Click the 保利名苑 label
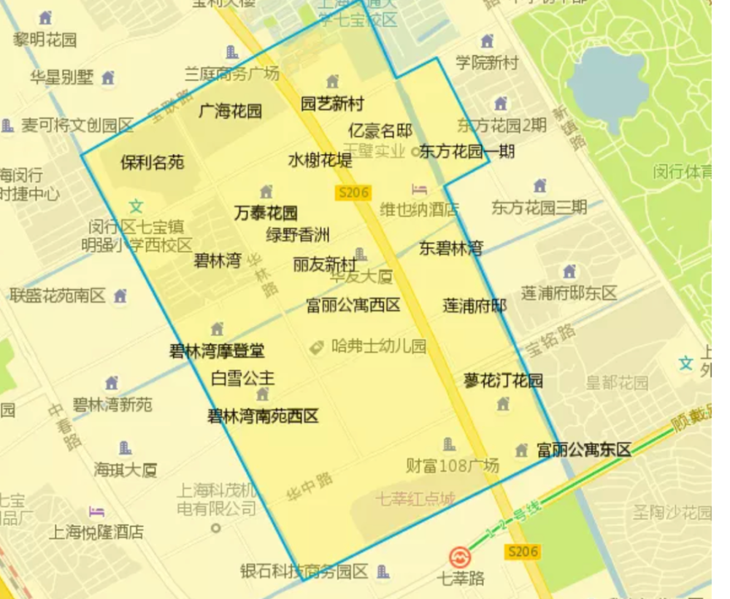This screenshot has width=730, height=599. [152, 162]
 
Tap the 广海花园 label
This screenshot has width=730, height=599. [230, 111]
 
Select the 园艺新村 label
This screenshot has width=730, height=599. [332, 104]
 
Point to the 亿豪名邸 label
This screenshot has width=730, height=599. [380, 131]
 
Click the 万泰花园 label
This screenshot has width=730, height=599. [266, 213]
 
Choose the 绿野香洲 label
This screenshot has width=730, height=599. [297, 235]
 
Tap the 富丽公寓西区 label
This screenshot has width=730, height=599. [353, 305]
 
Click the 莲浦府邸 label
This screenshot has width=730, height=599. [474, 305]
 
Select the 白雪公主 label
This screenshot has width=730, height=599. [242, 378]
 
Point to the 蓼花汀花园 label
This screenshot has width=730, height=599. [504, 380]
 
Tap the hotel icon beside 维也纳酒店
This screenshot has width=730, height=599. [419, 190]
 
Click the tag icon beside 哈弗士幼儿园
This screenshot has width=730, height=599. [317, 348]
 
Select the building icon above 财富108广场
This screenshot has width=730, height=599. [449, 444]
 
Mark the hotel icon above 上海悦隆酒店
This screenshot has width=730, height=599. [96, 512]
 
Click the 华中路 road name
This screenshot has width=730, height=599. [310, 487]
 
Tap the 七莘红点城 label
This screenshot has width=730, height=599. [415, 500]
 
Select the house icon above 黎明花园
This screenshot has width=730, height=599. [45, 18]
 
